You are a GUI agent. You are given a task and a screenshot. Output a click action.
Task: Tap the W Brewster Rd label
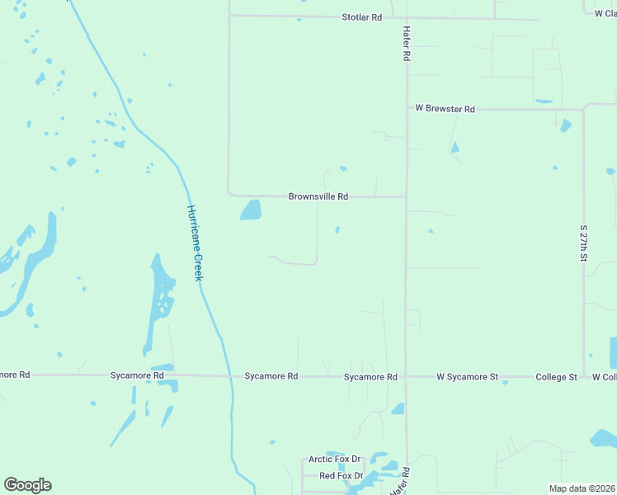point(445,109)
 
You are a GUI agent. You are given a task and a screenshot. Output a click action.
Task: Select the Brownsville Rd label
point(318,196)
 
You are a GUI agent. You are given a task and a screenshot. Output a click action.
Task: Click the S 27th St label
point(583,243)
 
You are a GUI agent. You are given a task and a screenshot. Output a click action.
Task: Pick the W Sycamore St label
point(467,377)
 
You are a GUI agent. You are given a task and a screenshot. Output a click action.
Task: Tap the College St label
point(556,377)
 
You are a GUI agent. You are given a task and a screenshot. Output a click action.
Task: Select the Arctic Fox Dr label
point(335,459)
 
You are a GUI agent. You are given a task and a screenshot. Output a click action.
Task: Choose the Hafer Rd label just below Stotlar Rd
point(406,44)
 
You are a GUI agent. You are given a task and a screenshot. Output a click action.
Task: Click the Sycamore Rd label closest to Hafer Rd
point(370,377)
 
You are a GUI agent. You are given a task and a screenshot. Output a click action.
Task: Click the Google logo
point(27,485)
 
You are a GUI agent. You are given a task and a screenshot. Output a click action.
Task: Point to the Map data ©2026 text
point(582,488)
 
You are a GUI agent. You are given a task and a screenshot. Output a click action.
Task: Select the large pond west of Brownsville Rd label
point(250,210)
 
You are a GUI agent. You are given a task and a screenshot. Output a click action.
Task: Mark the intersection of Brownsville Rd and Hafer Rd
point(406,196)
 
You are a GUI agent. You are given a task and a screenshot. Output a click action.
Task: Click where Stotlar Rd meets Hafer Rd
point(406,17)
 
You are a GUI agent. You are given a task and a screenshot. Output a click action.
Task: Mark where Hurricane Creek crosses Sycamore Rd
point(229,376)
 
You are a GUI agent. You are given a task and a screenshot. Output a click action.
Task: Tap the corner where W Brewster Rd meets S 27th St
point(583,109)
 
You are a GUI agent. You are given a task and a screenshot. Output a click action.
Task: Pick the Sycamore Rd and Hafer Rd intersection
point(406,376)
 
